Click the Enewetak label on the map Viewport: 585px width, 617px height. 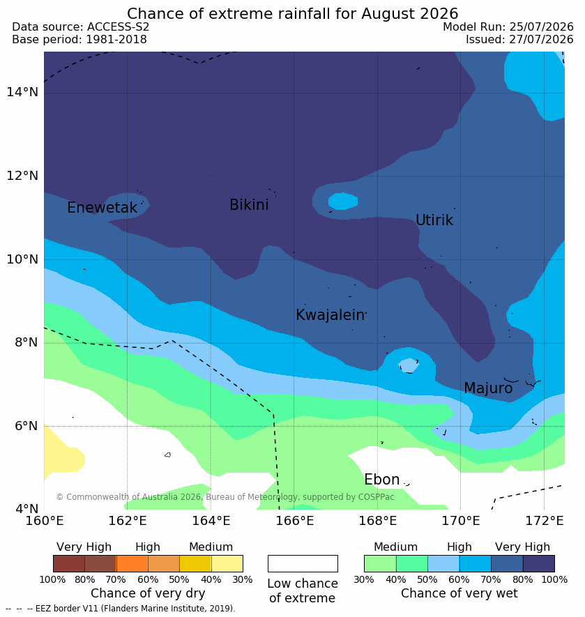point(102,207)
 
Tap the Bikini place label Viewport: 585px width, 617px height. point(249,204)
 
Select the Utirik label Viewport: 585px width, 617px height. point(434,220)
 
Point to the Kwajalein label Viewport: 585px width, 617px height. point(331,315)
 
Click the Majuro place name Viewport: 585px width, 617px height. point(488,388)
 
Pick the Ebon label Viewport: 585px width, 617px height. point(382,480)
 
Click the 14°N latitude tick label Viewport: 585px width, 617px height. point(22,92)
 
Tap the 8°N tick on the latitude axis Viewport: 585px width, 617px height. point(26,342)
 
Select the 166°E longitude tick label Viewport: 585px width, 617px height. point(294,521)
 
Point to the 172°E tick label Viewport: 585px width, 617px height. point(545,521)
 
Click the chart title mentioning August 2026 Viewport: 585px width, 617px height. point(293,14)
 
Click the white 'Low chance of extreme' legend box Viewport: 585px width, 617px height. point(303,563)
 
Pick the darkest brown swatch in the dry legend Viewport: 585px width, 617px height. point(69,563)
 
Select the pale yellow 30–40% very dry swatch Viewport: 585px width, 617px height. point(227,563)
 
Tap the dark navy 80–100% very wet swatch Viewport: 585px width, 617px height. point(538,563)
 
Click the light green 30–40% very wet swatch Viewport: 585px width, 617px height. point(380,563)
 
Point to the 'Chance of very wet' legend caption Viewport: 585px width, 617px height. point(459,593)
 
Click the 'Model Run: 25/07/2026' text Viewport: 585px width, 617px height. point(508,26)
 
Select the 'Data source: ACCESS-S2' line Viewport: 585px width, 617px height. point(81,26)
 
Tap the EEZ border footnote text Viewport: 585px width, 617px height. point(121,609)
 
